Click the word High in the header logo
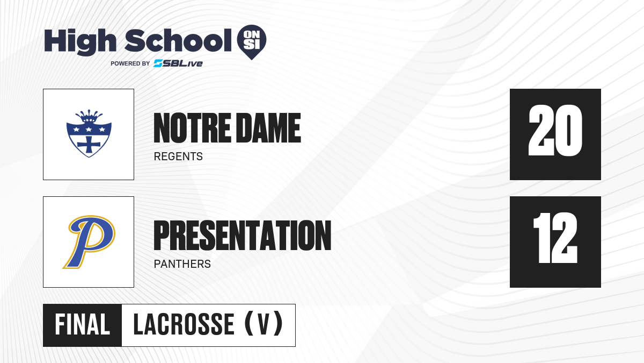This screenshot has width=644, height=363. pos(80,42)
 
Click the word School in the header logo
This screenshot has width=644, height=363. pos(178,40)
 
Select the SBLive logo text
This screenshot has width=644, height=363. pos(178,63)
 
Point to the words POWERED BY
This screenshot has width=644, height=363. pos(130,63)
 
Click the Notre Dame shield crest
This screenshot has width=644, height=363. pos(89,133)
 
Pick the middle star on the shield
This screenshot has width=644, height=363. pos(89,130)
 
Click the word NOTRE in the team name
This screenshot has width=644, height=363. pos(192,128)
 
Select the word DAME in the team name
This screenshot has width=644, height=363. pos(270,128)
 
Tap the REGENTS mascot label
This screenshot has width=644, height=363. pos(178,156)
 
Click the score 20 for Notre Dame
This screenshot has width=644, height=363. pos(555,131)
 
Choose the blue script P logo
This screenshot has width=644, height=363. pos(89,242)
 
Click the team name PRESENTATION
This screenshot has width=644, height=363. pos(243,236)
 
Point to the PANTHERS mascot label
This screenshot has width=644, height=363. pos(182,264)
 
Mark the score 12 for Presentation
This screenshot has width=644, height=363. pos(555,238)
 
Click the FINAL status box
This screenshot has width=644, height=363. pos(83,325)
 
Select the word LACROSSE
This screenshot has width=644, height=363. pos(184,324)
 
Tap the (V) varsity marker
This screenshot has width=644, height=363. pos(264,324)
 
